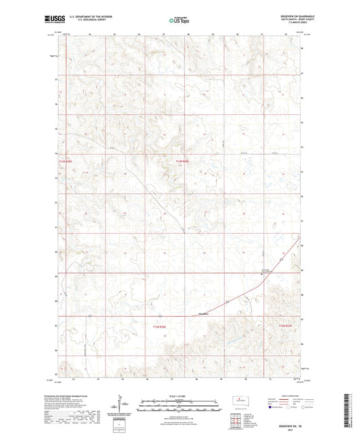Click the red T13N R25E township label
click(65, 162)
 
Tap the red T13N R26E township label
click(180, 162)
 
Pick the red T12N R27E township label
click(288, 328)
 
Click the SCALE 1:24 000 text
click(180, 396)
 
